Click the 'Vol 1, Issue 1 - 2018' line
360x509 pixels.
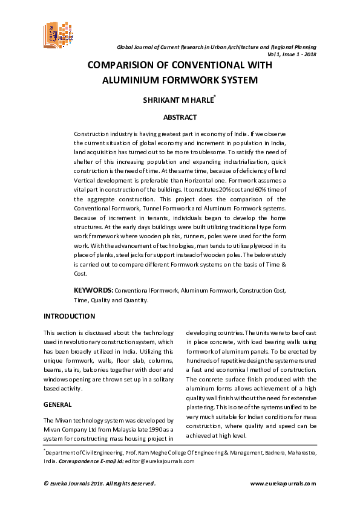tap(287, 54)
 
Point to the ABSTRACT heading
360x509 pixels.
tap(180, 118)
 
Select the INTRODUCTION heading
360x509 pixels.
tap(69, 316)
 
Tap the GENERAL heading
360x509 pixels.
tap(58, 404)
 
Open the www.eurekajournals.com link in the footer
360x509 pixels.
tap(283, 483)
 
